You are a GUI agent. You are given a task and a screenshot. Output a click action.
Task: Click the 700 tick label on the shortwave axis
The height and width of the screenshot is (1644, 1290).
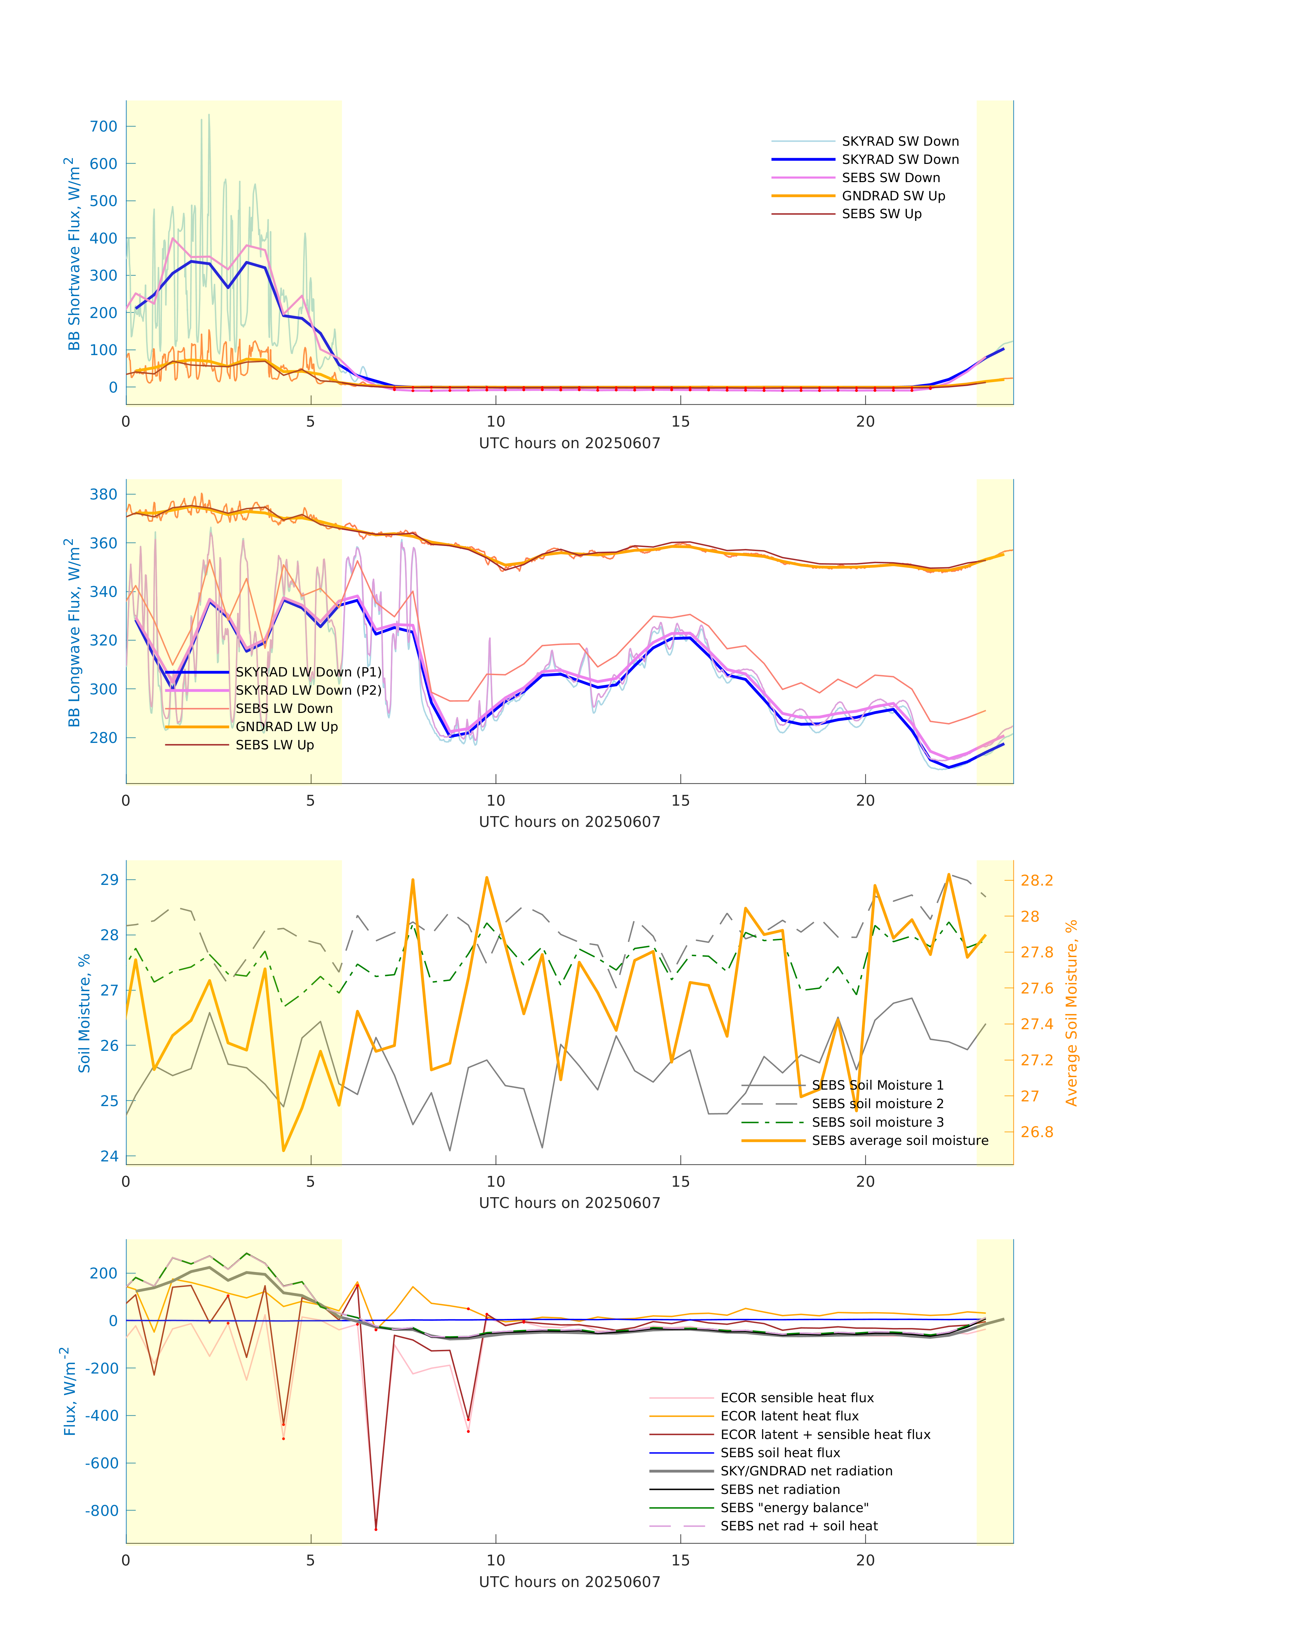tap(104, 127)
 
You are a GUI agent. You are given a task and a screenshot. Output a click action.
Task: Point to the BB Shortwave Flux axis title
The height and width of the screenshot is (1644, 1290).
tap(73, 254)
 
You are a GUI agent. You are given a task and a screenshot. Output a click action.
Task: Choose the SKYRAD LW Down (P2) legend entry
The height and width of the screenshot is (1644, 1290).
tap(308, 690)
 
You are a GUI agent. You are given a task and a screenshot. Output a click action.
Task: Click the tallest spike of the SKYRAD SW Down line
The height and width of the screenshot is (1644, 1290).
tap(209, 115)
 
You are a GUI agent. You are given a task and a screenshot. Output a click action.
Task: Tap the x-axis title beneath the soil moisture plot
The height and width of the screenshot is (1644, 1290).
tap(570, 1203)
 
